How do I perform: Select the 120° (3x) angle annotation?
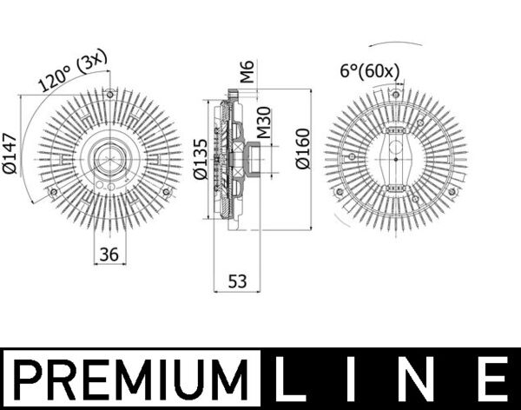click(x=70, y=74)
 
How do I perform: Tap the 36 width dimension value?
click(x=109, y=254)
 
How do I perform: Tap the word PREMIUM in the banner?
click(x=133, y=379)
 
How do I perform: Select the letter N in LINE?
click(x=420, y=379)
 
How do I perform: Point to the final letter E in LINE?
click(x=491, y=379)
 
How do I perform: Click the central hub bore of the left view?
click(x=109, y=160)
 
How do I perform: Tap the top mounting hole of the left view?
click(x=109, y=94)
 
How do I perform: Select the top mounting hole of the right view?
click(x=396, y=94)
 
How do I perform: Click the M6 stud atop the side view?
click(x=232, y=92)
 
